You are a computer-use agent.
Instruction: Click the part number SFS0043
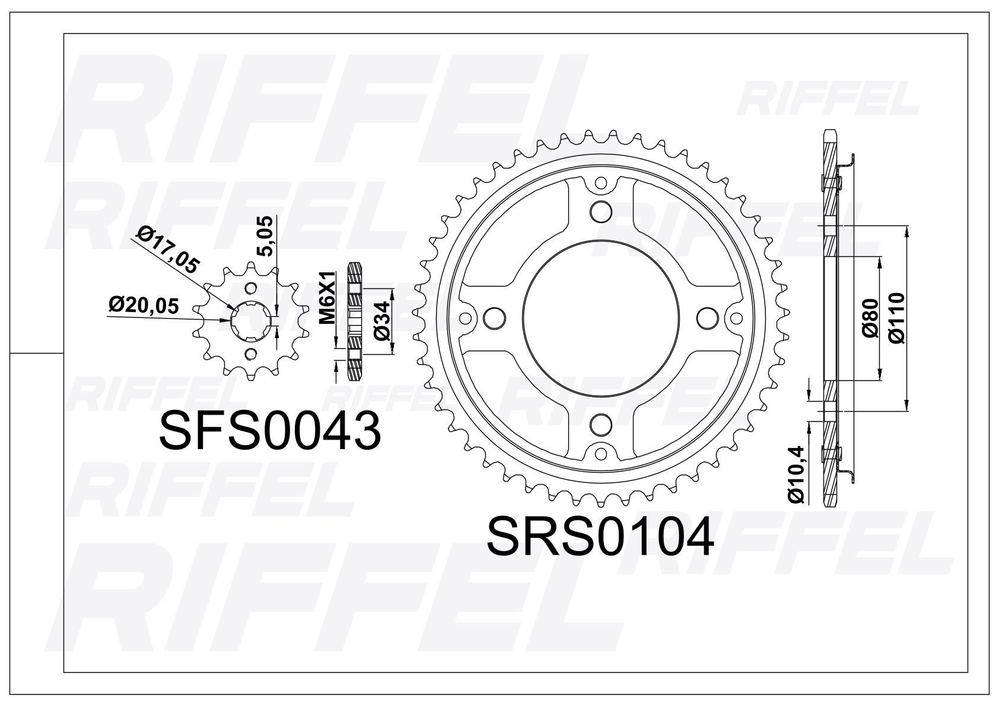point(270,431)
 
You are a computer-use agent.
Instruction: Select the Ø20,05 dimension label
point(144,306)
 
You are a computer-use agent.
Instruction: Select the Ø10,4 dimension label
point(796,474)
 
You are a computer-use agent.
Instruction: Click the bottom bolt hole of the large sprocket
point(602,424)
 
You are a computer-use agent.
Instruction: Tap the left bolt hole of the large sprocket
point(493,317)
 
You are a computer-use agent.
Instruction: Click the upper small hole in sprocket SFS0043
point(251,288)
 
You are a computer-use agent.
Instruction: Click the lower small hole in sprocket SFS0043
point(251,354)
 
